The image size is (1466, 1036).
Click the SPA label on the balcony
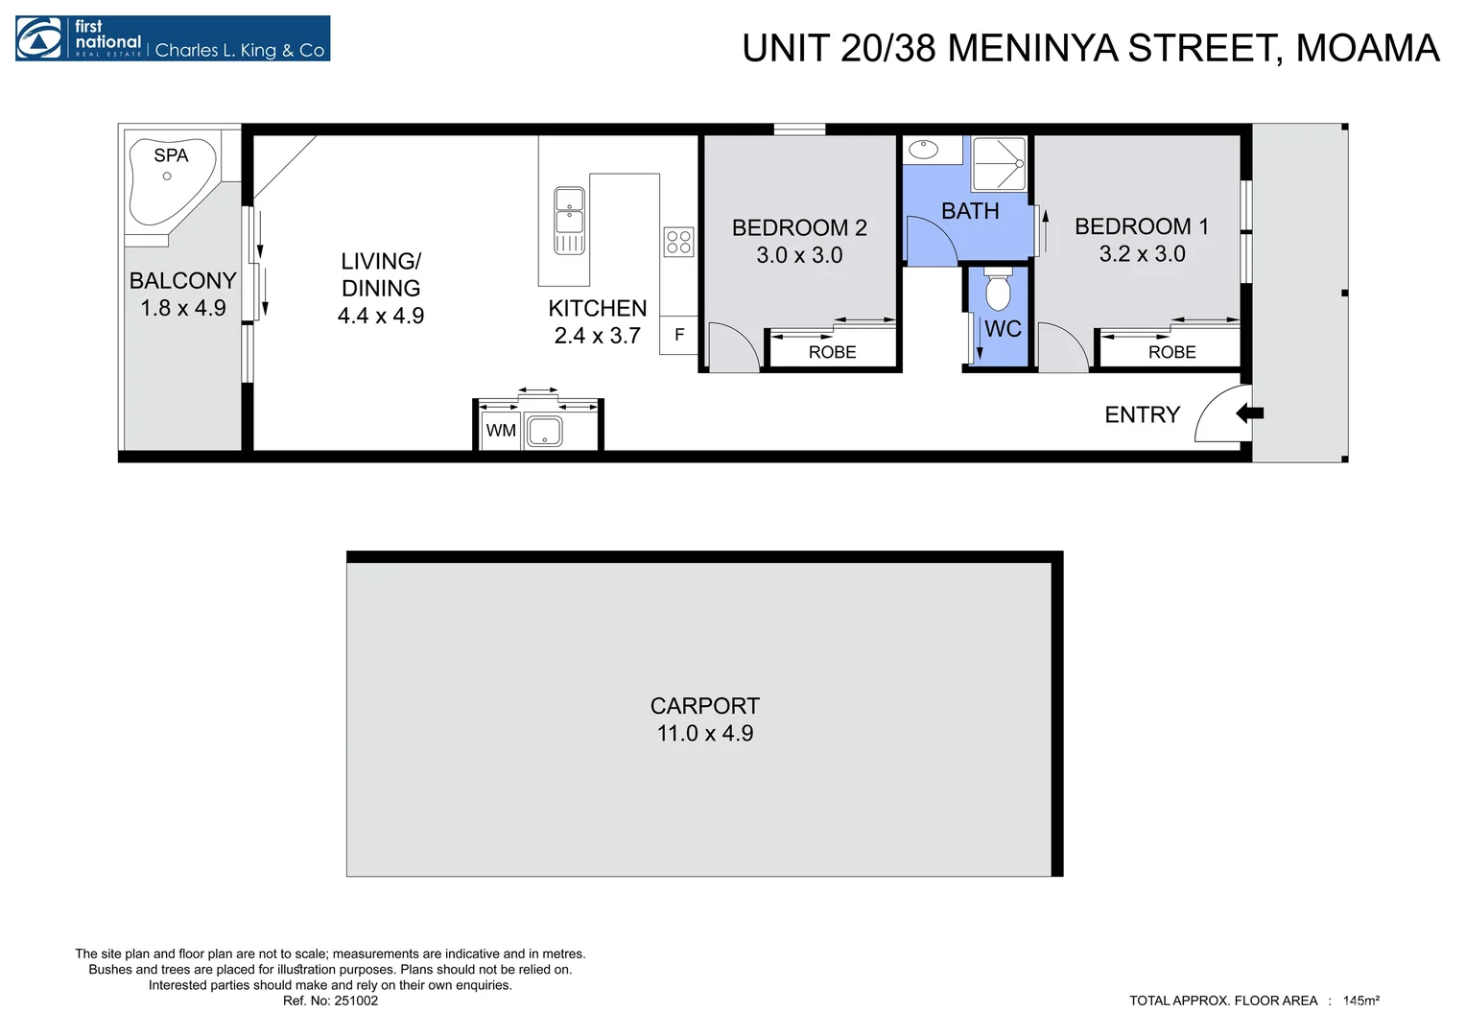pyautogui.click(x=171, y=155)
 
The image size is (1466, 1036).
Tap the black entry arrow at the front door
pyautogui.click(x=1249, y=413)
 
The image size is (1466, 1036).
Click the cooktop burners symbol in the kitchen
pyautogui.click(x=678, y=242)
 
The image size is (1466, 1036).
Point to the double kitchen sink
pyautogui.click(x=569, y=221)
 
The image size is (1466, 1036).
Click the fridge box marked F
pyautogui.click(x=678, y=335)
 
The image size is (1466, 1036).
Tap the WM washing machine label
pyautogui.click(x=502, y=431)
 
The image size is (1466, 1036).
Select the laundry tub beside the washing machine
pyautogui.click(x=543, y=432)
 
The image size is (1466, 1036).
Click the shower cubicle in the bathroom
pyautogui.click(x=999, y=164)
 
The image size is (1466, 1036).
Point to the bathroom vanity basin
pyautogui.click(x=924, y=150)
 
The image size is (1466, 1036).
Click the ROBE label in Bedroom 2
pyautogui.click(x=833, y=352)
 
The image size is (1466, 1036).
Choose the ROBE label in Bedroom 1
pyautogui.click(x=1172, y=352)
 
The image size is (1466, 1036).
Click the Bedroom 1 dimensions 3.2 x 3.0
pyautogui.click(x=1142, y=254)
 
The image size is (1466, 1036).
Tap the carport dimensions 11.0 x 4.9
pyautogui.click(x=705, y=733)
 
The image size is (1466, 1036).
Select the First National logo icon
pyautogui.click(x=39, y=38)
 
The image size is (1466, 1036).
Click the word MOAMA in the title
pyautogui.click(x=1368, y=48)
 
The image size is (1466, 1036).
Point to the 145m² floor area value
pyautogui.click(x=1361, y=1001)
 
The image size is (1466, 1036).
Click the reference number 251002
pyautogui.click(x=356, y=1001)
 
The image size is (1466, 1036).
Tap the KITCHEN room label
pyautogui.click(x=598, y=308)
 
